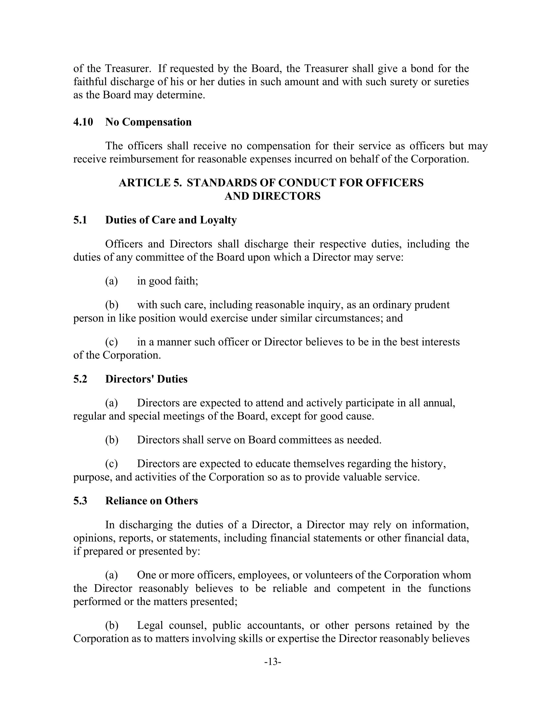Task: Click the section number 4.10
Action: (x=83, y=122)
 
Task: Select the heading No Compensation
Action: (x=148, y=122)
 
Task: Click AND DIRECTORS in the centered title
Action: (x=272, y=196)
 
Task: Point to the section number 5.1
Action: (x=80, y=220)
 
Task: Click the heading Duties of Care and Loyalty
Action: (x=171, y=220)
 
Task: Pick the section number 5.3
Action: (x=80, y=501)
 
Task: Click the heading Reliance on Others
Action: (x=152, y=501)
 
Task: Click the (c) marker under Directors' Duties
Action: (x=111, y=464)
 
